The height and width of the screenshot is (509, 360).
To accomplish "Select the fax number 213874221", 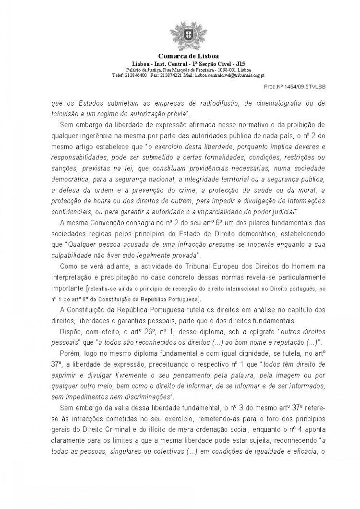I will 171,75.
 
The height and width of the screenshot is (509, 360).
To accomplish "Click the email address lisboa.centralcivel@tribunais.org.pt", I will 221,75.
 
